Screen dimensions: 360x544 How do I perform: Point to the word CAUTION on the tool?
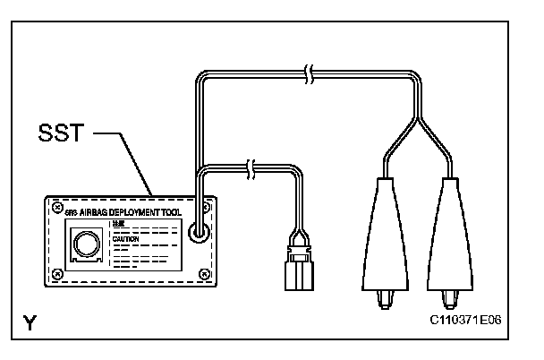125,239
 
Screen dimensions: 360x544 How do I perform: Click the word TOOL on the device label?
184,211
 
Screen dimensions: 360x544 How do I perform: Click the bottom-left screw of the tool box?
56,273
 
